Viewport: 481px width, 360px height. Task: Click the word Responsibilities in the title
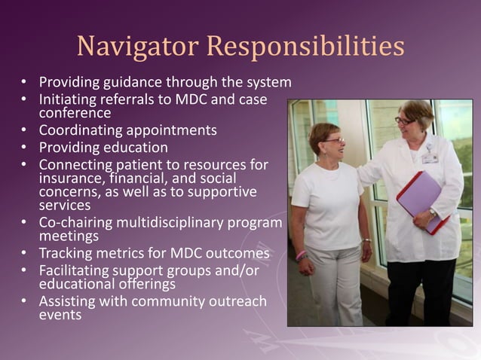click(305, 47)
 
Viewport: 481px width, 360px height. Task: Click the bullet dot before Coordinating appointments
click(26, 130)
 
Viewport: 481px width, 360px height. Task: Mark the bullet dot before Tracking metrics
click(26, 253)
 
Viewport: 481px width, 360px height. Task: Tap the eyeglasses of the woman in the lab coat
click(404, 121)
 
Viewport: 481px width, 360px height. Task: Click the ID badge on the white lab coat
click(430, 157)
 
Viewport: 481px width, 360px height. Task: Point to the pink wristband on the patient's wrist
click(302, 255)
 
